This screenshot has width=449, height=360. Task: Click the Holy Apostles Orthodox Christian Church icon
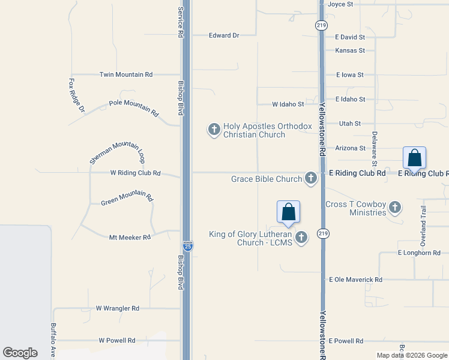click(214, 129)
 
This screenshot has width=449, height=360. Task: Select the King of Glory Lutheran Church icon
click(301, 238)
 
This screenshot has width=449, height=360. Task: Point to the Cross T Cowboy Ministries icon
click(394, 208)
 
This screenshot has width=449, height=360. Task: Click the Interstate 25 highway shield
click(187, 247)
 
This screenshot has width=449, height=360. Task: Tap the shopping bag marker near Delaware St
click(414, 158)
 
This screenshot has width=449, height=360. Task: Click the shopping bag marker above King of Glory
click(288, 212)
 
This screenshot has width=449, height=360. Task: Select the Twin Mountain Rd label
click(125, 74)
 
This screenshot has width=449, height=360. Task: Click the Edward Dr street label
click(224, 35)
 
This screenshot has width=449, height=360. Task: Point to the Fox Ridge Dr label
click(77, 95)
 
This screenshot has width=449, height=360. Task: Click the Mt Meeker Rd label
click(130, 238)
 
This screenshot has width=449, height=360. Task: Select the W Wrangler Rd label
click(118, 308)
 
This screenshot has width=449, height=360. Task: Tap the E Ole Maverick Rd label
click(355, 280)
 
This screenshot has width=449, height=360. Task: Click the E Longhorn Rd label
click(419, 253)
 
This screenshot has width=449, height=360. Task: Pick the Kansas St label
click(350, 50)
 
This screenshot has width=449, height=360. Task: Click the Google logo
click(20, 353)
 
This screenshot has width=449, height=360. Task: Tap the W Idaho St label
click(288, 104)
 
